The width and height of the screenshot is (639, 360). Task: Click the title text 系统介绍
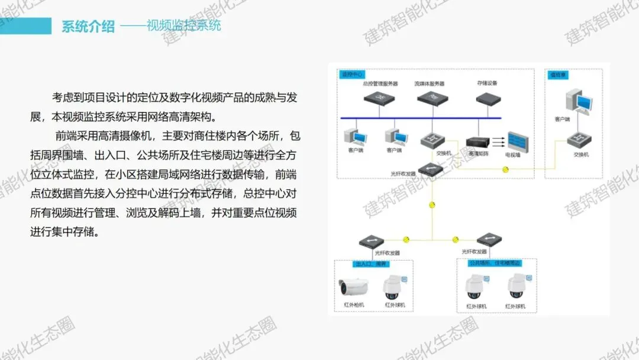coord(88,27)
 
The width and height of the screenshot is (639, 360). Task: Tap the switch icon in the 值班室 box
coord(578,141)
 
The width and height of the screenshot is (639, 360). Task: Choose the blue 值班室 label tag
coord(556,75)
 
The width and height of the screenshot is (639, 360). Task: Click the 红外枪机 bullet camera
coord(354,288)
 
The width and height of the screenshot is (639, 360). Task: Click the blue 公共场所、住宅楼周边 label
coord(495,264)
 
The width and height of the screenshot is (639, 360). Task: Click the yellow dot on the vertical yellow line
coord(433,205)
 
